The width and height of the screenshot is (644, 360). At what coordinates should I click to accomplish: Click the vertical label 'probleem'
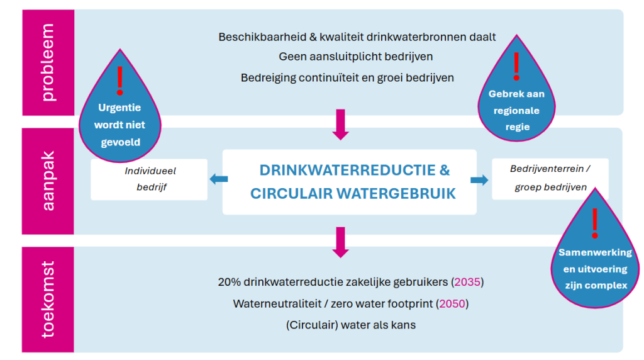[x=48, y=62]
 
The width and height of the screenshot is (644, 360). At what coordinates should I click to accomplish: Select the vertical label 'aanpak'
[x=48, y=181]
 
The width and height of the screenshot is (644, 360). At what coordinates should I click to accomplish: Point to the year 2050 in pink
[x=453, y=304]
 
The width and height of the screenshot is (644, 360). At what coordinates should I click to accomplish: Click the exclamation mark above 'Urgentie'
[x=120, y=81]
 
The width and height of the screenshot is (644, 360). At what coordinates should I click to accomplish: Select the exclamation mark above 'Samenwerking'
[x=595, y=222]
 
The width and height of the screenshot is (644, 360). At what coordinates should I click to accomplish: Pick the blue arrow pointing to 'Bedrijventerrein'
[x=480, y=181]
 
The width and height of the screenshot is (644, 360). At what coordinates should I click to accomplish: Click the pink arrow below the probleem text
[x=340, y=124]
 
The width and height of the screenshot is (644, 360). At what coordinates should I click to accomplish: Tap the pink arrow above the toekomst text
[x=340, y=243]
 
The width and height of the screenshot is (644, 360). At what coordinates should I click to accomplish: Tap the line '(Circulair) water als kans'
[x=351, y=325]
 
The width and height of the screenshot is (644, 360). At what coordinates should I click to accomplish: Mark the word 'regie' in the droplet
[x=516, y=127]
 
